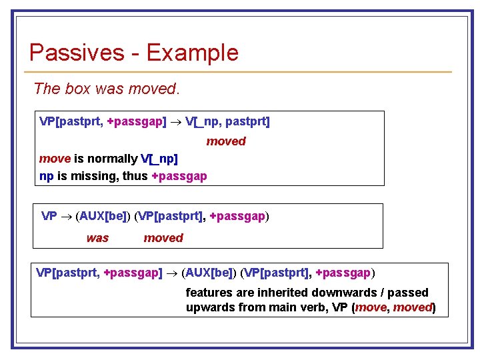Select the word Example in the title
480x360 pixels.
pos(192,52)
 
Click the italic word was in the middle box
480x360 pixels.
pos(97,238)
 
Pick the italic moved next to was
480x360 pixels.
pos(163,238)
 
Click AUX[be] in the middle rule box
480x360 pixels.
pos(103,216)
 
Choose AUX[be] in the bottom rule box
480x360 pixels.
pos(209,273)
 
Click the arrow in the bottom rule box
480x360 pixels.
pos(171,273)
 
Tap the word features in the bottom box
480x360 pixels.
pos(208,292)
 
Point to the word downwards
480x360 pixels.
pos(329,292)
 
